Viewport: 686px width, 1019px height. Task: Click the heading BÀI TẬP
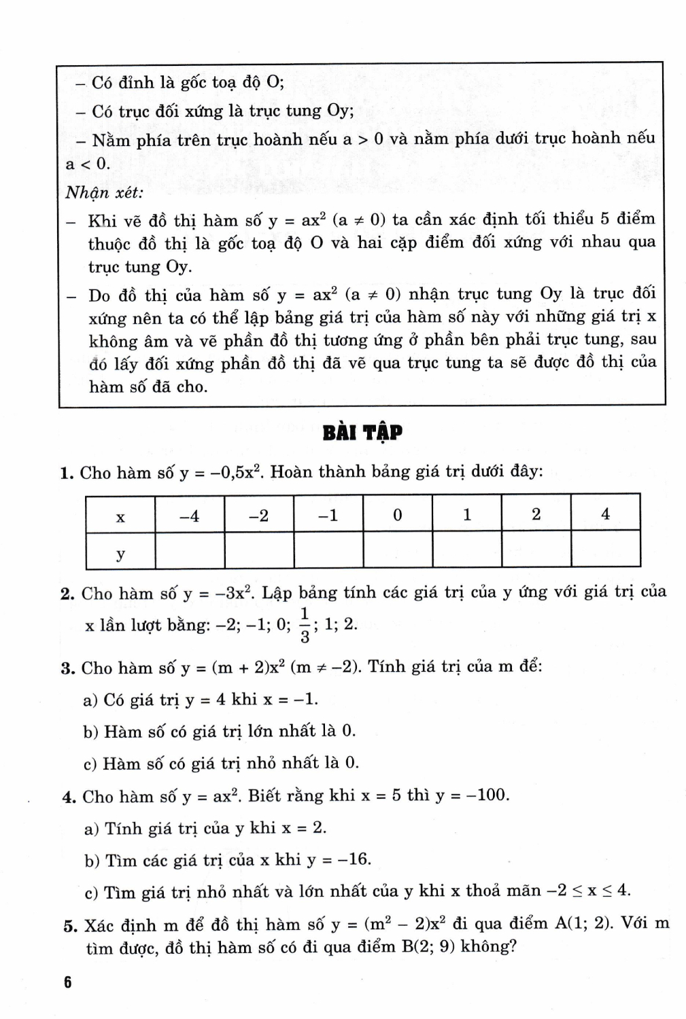tap(362, 432)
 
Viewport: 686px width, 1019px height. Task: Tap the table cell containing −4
tap(190, 516)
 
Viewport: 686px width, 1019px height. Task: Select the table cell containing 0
tap(398, 515)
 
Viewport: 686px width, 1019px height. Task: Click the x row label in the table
tap(120, 517)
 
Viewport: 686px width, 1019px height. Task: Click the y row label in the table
tap(120, 554)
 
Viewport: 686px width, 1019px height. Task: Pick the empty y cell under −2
tap(259, 549)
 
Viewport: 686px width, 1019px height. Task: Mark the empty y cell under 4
tap(605, 549)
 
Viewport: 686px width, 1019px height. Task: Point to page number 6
tap(67, 983)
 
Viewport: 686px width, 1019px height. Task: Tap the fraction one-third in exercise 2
tap(305, 625)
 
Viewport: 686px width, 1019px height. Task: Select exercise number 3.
tap(67, 668)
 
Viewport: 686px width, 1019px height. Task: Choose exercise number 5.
tap(69, 925)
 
